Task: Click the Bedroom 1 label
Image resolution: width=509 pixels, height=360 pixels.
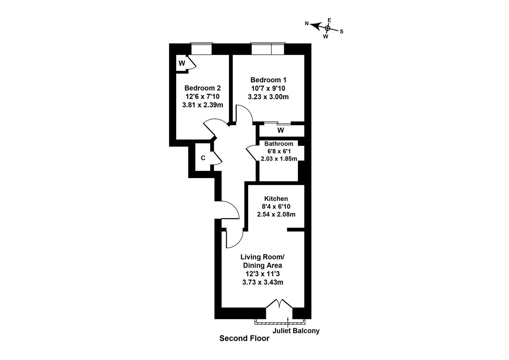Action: (268, 80)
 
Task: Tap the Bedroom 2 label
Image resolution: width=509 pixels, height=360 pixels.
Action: (202, 88)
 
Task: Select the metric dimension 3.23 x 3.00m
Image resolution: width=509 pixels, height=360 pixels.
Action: (268, 97)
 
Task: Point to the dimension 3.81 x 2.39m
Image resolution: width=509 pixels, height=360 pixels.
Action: (202, 105)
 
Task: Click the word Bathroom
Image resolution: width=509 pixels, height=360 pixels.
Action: (279, 144)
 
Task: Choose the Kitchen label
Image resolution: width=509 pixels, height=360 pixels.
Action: (276, 198)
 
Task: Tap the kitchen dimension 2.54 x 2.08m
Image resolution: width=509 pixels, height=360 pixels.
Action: (276, 214)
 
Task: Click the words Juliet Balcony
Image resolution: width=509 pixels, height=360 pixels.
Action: (296, 331)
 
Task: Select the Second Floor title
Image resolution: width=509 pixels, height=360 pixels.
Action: (244, 338)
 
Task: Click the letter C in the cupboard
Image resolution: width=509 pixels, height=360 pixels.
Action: (203, 158)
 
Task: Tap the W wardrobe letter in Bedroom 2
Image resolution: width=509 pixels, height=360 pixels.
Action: (182, 63)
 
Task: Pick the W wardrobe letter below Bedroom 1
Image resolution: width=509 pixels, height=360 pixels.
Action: (281, 131)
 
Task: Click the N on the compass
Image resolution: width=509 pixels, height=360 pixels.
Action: (307, 24)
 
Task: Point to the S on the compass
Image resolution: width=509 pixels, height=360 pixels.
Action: (342, 32)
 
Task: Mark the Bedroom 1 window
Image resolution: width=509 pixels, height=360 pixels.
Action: (268, 49)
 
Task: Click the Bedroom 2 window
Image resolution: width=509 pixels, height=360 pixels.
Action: (202, 49)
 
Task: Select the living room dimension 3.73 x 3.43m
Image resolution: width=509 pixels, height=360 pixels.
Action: (263, 282)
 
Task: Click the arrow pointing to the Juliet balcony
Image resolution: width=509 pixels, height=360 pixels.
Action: (288, 322)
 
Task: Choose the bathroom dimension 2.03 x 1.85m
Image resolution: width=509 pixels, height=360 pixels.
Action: (279, 158)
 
